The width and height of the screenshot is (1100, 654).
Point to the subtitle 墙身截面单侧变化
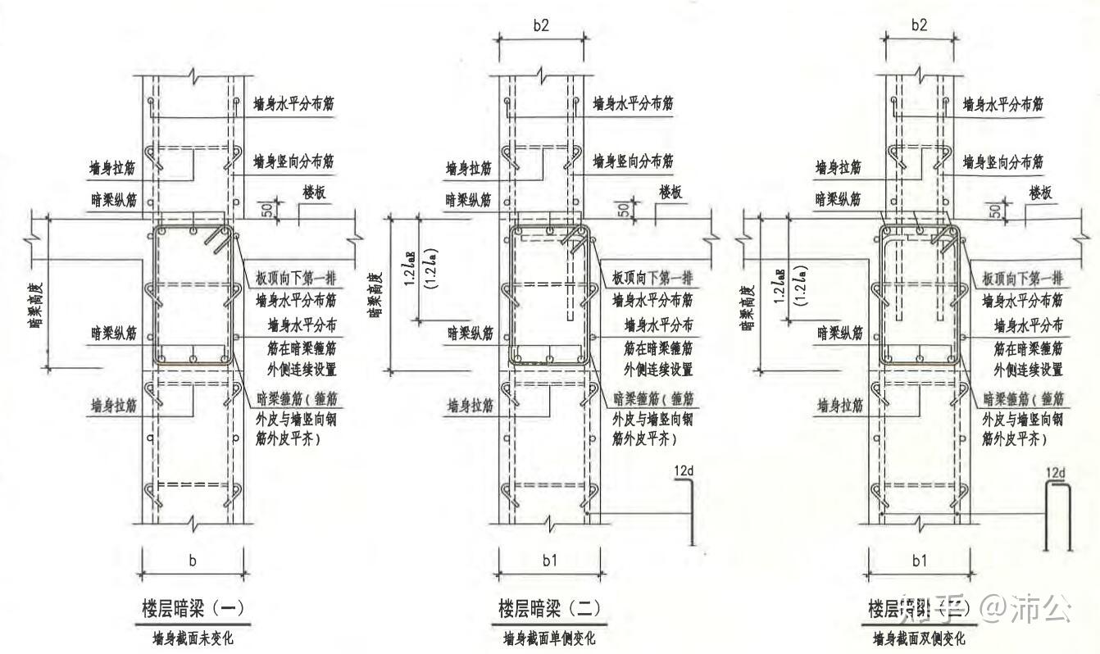coord(549,638)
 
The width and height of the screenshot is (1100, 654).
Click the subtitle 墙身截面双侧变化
coord(918,638)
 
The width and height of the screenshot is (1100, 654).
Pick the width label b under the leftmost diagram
coord(193,561)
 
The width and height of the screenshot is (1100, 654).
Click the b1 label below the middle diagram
coord(549,561)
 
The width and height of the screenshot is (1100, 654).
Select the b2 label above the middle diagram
coord(540,25)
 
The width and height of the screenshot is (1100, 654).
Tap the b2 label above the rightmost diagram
coord(919,25)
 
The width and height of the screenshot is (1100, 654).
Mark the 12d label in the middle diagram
coord(684,471)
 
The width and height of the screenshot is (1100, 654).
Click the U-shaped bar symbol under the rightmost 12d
coord(1059,516)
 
